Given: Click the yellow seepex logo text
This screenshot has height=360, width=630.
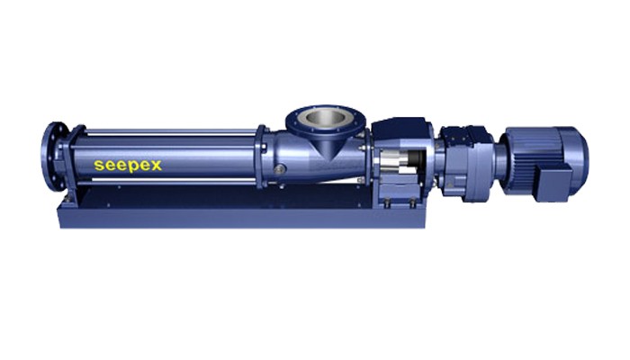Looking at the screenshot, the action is (128, 166).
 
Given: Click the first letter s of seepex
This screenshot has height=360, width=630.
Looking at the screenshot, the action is (98, 165).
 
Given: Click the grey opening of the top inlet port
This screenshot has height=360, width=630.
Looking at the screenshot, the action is (324, 117).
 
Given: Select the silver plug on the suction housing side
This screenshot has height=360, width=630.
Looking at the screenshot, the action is (279, 169).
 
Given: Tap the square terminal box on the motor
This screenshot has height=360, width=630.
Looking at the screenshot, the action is (553, 184).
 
